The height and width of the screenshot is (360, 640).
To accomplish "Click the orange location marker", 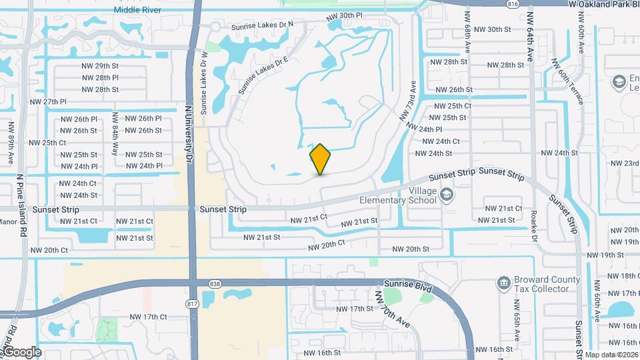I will pos(321,159).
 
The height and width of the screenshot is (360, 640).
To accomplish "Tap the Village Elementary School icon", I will pos(447,195).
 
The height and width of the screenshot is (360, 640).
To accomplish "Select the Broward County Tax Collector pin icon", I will pos(504,283).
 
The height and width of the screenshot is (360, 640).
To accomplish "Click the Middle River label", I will pos(138,10).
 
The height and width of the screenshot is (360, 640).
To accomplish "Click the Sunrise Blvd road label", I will pos(408,286).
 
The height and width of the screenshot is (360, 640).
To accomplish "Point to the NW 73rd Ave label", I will pos(409,101).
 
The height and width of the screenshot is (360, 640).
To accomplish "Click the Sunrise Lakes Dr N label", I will pos(262,27).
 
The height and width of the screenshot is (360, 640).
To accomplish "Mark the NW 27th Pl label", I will pos(49,102).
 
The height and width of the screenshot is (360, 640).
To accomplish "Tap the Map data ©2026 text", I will pos(611,355).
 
